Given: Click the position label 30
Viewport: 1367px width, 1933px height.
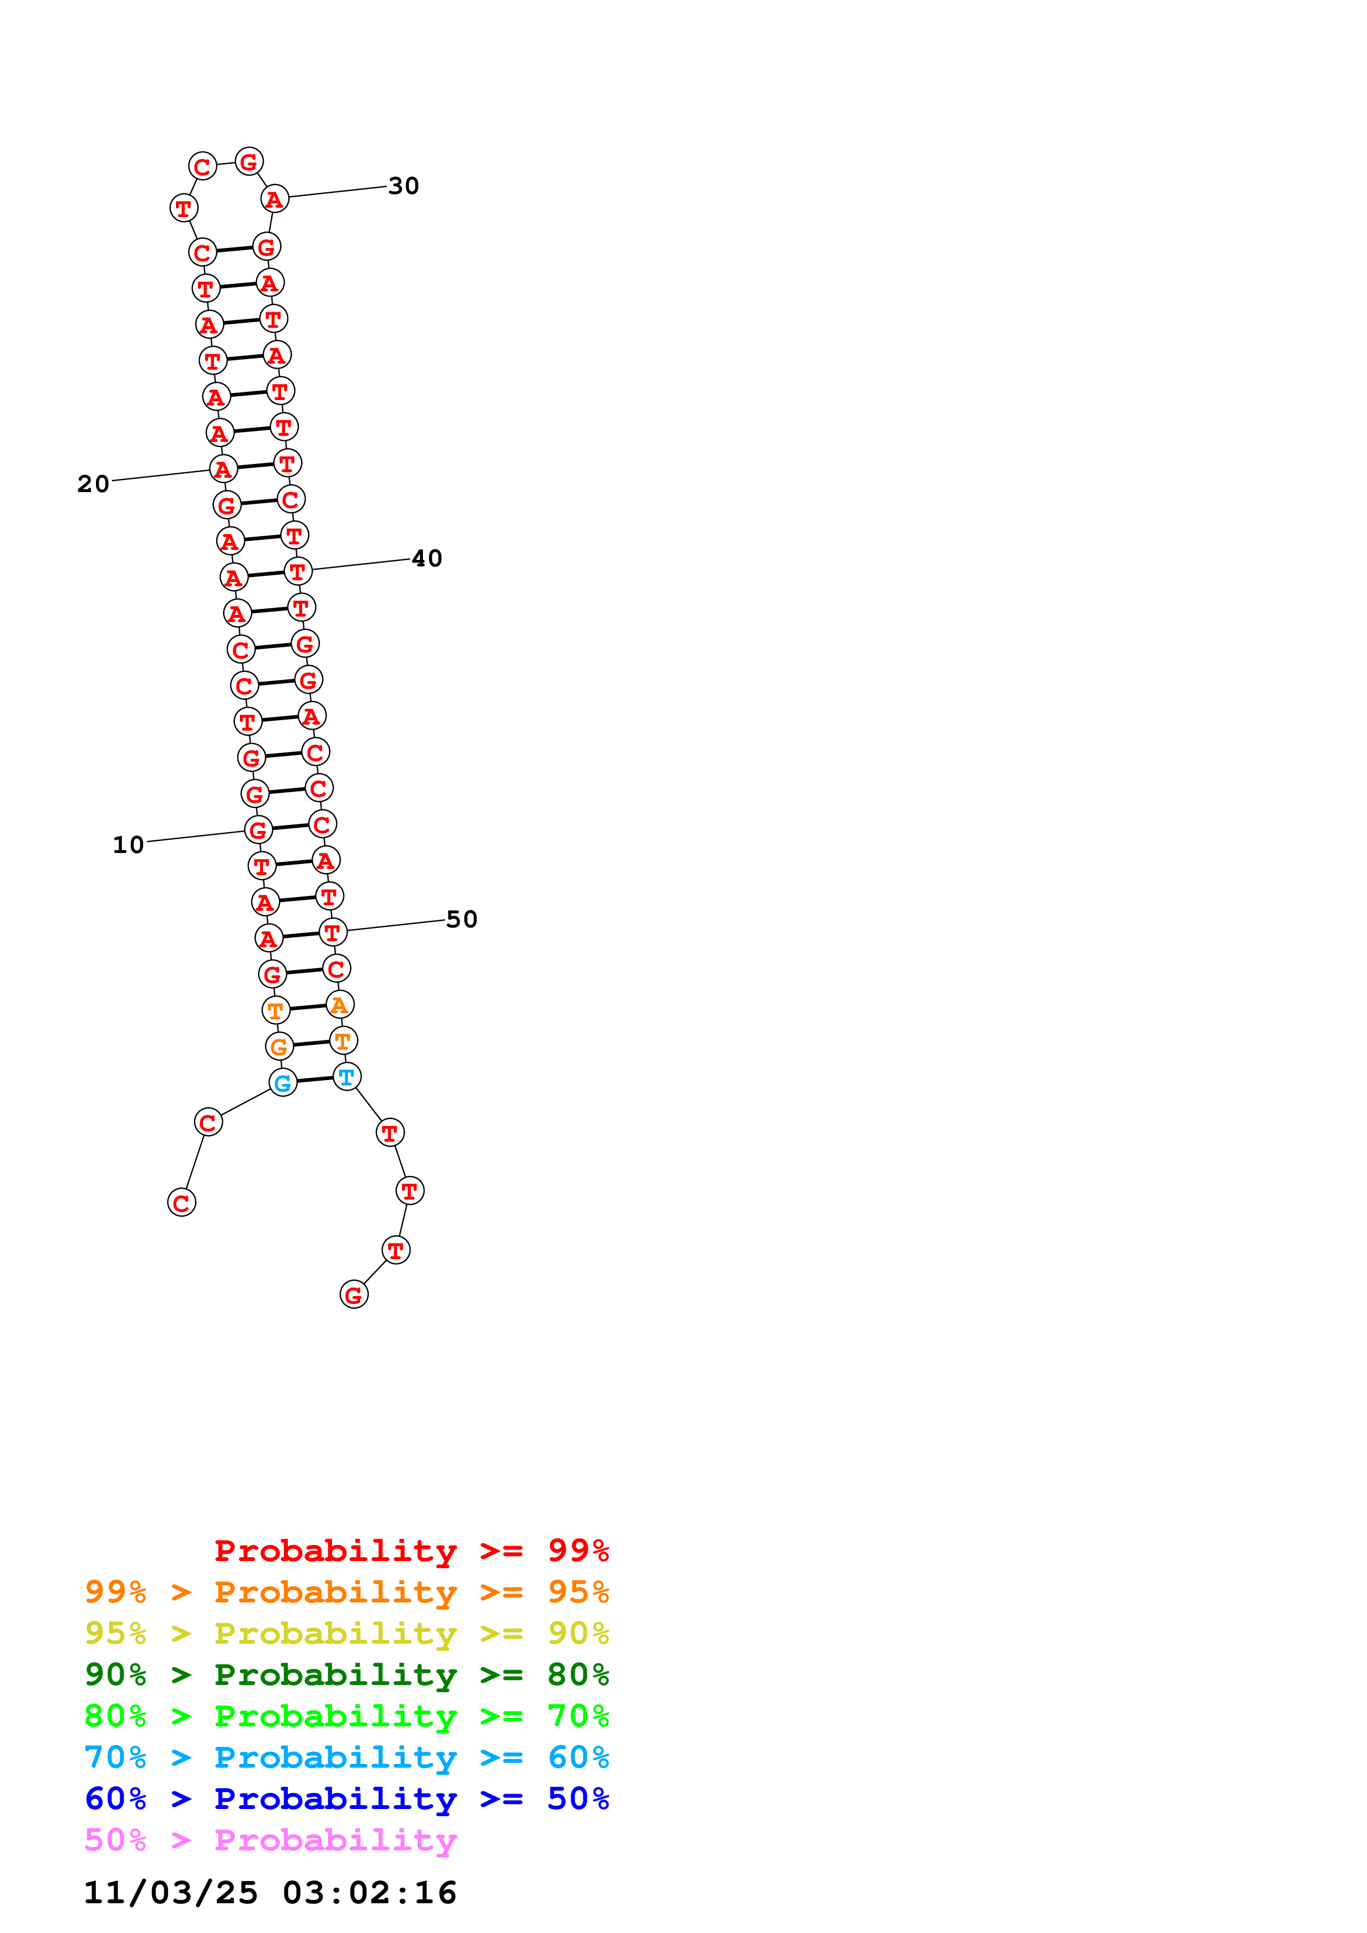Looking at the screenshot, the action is coord(404,186).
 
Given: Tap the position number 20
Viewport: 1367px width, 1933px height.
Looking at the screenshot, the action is coord(94,484).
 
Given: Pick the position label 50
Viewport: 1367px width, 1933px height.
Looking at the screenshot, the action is coord(462,919).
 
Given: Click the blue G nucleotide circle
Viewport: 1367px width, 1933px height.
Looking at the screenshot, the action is coord(283,1083).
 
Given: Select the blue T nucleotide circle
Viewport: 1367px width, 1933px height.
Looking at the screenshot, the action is coord(347,1076).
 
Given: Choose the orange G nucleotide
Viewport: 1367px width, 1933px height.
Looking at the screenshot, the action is coord(279,1046).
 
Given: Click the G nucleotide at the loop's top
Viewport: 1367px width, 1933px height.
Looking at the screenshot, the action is coord(249,161).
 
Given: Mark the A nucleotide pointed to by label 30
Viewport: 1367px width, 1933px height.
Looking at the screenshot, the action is coord(275,199).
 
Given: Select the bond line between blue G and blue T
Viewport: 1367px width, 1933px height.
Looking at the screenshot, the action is coord(315,1079).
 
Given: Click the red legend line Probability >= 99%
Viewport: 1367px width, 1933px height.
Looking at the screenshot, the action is coord(412,1550).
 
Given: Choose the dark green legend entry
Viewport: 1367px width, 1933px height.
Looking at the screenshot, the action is coord(346,1675).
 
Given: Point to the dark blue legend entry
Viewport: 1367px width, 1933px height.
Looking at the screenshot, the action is coord(346,1799).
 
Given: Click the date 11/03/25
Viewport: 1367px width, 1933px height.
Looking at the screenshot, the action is coord(171,1893).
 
